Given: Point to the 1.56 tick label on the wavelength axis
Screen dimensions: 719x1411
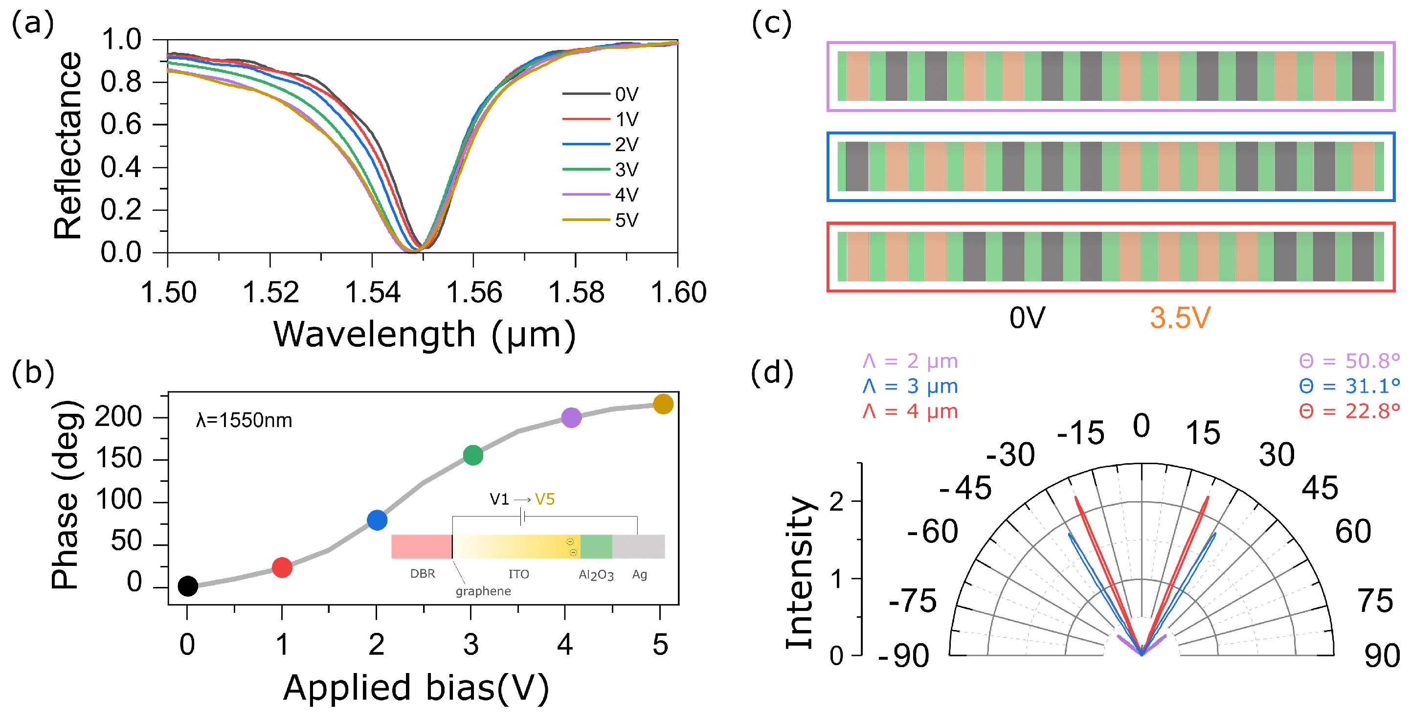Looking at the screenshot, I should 474,292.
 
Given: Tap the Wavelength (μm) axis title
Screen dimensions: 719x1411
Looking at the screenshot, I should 425,335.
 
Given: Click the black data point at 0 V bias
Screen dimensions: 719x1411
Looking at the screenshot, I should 188,586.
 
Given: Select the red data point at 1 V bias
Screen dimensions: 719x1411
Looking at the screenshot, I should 282,567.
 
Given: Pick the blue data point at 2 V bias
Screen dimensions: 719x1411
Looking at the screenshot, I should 377,519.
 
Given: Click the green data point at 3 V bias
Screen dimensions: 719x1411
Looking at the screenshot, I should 473,454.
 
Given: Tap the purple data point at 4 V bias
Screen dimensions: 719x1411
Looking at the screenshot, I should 571,418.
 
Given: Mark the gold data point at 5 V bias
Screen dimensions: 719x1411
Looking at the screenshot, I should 663,404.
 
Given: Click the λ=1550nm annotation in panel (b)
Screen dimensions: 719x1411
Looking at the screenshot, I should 244,421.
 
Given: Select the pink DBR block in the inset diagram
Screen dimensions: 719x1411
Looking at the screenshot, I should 421,546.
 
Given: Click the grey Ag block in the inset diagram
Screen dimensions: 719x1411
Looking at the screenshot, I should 638,546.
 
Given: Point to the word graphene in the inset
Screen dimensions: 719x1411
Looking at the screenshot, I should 483,591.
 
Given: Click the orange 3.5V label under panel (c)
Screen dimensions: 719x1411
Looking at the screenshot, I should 1180,317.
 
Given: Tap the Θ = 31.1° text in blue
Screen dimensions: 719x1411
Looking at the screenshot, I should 1349,386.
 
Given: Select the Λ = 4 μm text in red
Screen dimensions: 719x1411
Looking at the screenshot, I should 910,411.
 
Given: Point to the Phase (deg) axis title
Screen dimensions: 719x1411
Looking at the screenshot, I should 66,494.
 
